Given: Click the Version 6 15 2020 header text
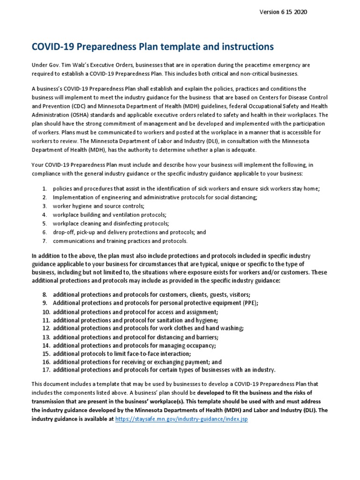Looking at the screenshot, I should pos(283,12).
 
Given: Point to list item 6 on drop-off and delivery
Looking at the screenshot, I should pos(129,232).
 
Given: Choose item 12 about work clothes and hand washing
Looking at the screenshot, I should pos(148,328).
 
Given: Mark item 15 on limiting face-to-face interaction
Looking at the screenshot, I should pos(122,353).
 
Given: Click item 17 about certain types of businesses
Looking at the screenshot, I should pos(164,370).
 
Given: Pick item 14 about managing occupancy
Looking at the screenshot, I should pos(134,345).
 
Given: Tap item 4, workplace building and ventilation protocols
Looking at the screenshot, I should pos(110,215).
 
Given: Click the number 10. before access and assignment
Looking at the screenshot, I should pos(45,312).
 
